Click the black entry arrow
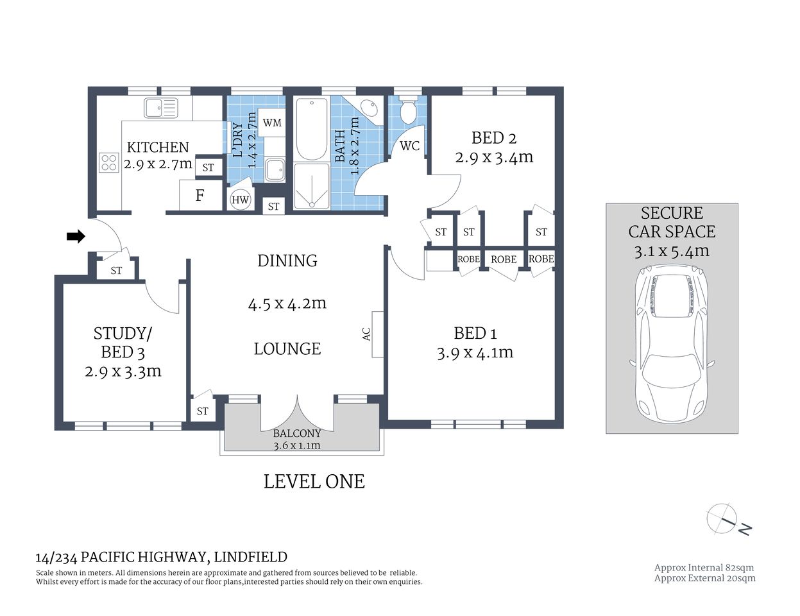point(76,237)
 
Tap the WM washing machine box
point(272,123)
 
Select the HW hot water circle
point(240,200)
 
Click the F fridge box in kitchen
point(200,195)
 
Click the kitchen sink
point(160,108)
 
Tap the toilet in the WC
point(408,111)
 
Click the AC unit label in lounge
point(367,334)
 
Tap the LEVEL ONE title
point(314,481)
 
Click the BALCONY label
point(297,433)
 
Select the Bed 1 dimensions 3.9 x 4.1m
point(475,352)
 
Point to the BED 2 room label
point(493,137)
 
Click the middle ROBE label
point(504,259)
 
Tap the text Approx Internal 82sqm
point(704,567)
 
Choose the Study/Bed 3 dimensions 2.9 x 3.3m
point(123,371)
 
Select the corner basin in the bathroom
point(368,108)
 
